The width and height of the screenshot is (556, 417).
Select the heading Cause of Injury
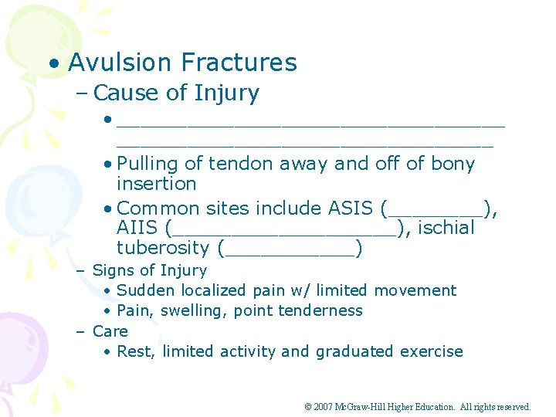pos(176,93)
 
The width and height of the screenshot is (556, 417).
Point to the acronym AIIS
pos(138,229)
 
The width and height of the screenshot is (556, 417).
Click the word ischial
pos(446,229)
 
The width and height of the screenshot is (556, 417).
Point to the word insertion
pos(156,184)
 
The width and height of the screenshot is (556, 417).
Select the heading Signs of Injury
pos(150,270)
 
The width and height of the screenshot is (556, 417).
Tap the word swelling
pos(196,310)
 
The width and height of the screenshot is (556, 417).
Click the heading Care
pos(110,331)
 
